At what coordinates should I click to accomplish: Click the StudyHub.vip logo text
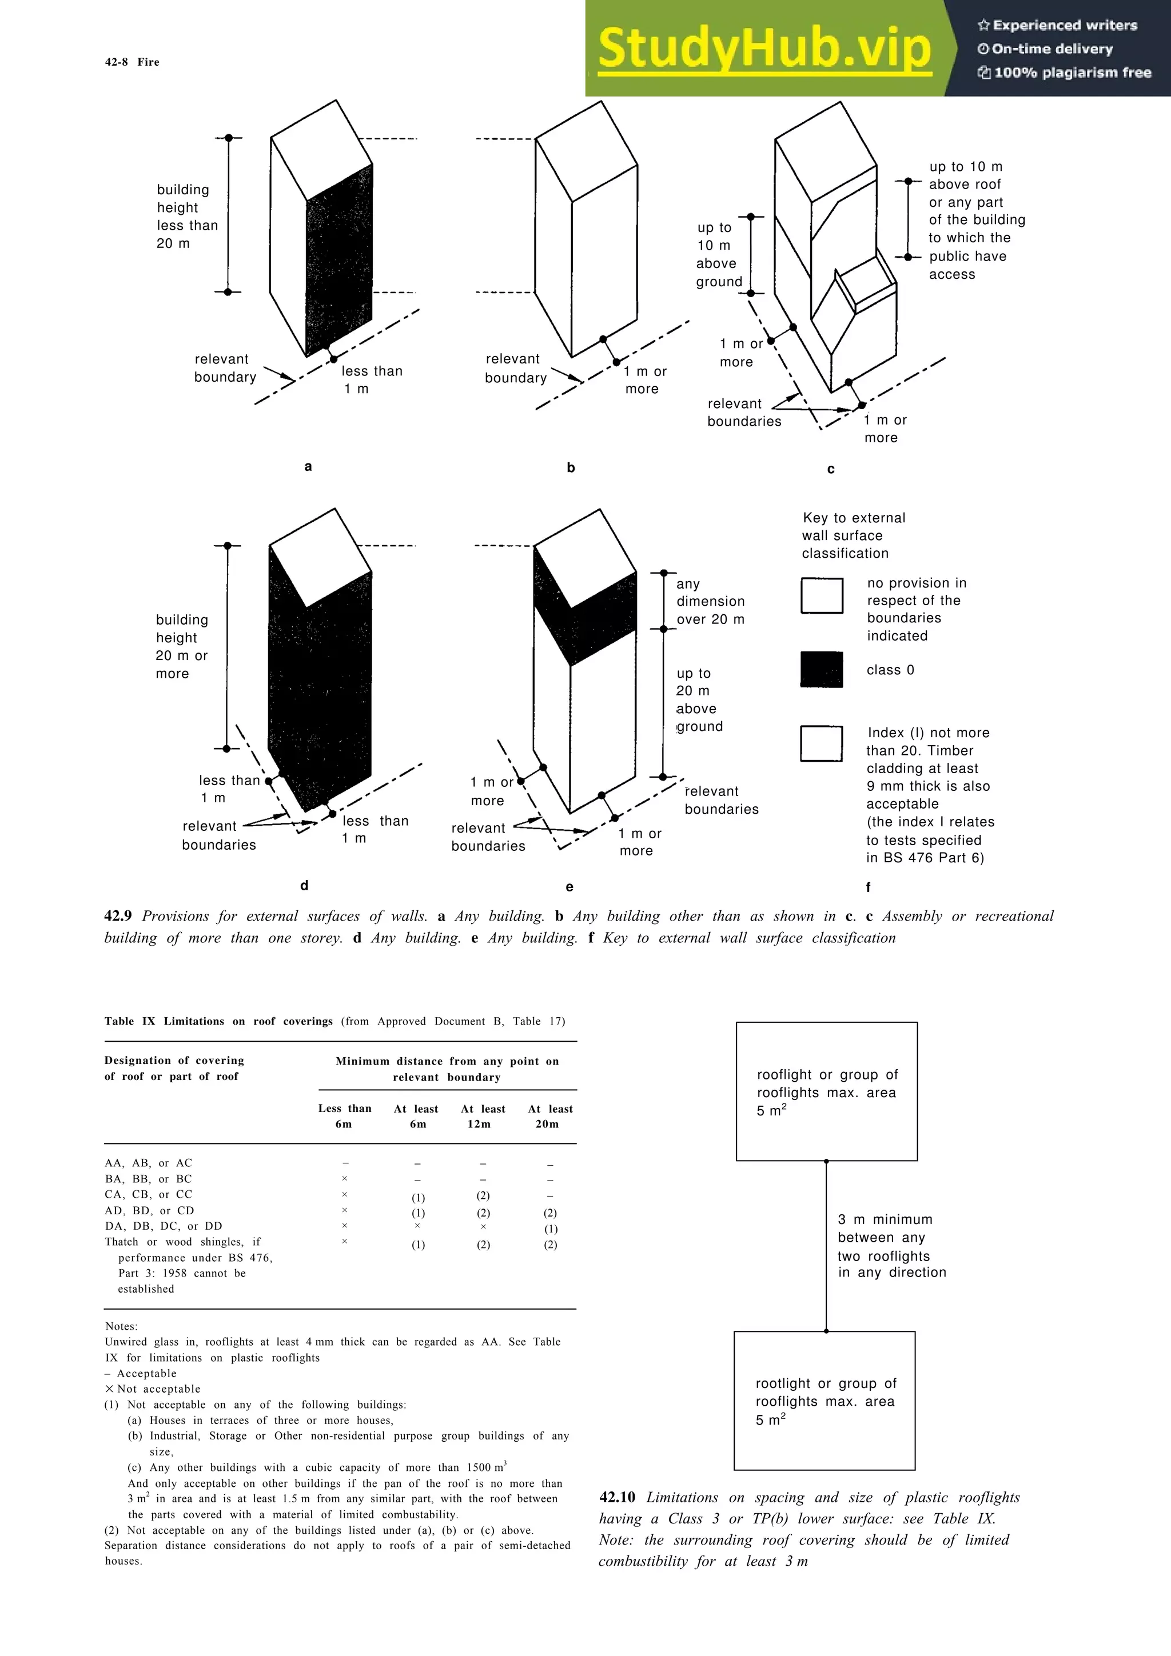tap(764, 49)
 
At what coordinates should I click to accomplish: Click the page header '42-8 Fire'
tap(132, 62)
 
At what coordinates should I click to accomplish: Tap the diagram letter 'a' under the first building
tap(308, 467)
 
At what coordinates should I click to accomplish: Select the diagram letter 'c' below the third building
tap(830, 470)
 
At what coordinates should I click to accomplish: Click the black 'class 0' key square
tap(822, 669)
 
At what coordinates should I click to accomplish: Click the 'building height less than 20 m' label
tap(186, 217)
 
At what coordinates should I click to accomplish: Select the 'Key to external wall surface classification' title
tap(853, 535)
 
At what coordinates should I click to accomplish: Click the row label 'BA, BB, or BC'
tap(149, 1178)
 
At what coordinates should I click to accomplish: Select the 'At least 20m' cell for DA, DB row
tap(551, 1229)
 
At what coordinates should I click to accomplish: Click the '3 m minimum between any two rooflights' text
tap(891, 1246)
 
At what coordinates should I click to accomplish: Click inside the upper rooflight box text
tap(827, 1092)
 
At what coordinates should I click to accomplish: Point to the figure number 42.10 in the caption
tap(618, 1497)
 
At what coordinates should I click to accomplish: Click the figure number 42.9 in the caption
tap(118, 916)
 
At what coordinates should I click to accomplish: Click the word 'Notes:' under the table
tap(121, 1326)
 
